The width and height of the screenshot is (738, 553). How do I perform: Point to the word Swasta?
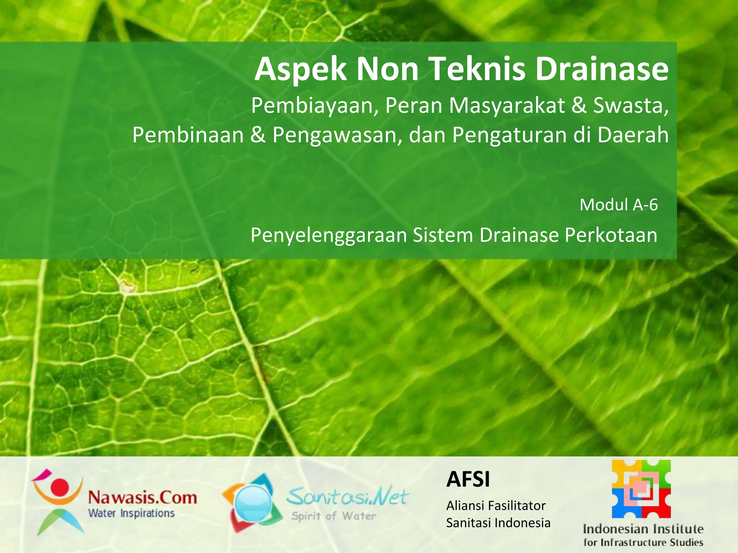pyautogui.click(x=630, y=105)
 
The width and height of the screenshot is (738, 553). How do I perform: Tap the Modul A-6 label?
pyautogui.click(x=618, y=205)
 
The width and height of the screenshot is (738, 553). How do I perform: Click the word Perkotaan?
pyautogui.click(x=611, y=235)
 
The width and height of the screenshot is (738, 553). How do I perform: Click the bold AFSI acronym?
pyautogui.click(x=468, y=479)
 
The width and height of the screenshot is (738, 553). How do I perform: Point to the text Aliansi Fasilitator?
pyautogui.click(x=496, y=506)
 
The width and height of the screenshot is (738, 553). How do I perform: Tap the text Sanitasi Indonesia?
pyautogui.click(x=498, y=523)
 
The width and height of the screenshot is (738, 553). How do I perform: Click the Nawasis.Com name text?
pyautogui.click(x=143, y=498)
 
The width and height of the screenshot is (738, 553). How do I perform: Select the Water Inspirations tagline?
pyautogui.click(x=132, y=513)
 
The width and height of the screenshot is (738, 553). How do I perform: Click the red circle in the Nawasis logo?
pyautogui.click(x=59, y=486)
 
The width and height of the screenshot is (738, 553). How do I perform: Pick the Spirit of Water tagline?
pyautogui.click(x=334, y=516)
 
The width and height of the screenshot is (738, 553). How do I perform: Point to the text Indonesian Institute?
pyautogui.click(x=643, y=529)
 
